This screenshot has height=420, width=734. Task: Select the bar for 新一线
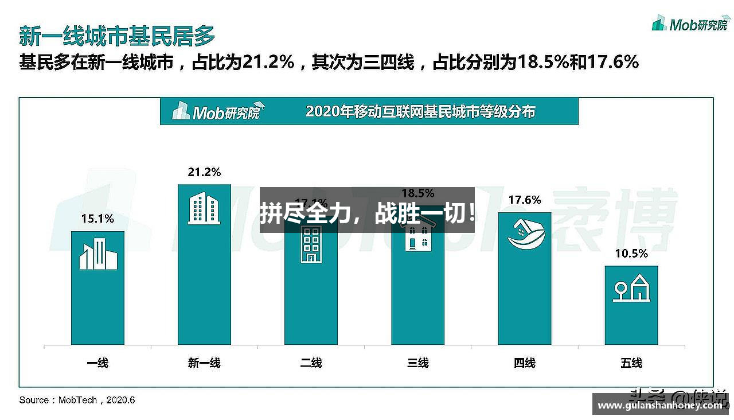click(x=204, y=264)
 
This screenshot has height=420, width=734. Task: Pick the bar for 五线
click(x=631, y=305)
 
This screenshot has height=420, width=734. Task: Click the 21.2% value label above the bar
click(x=204, y=172)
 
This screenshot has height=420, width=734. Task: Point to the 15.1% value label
click(x=97, y=219)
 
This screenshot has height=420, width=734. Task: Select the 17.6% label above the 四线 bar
click(x=524, y=200)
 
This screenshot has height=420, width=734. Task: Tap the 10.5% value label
click(x=631, y=254)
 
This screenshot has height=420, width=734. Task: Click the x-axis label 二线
click(x=311, y=363)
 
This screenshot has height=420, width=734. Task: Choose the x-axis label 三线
click(x=417, y=363)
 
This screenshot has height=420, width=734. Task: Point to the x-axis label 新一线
click(x=204, y=363)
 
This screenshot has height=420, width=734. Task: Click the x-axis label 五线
click(x=631, y=363)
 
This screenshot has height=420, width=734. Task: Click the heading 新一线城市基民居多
click(x=117, y=36)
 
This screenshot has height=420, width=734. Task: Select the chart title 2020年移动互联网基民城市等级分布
click(x=420, y=111)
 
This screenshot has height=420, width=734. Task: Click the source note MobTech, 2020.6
click(x=77, y=400)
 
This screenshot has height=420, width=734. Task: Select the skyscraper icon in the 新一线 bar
click(x=204, y=208)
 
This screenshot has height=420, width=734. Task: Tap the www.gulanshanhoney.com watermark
click(x=660, y=406)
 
